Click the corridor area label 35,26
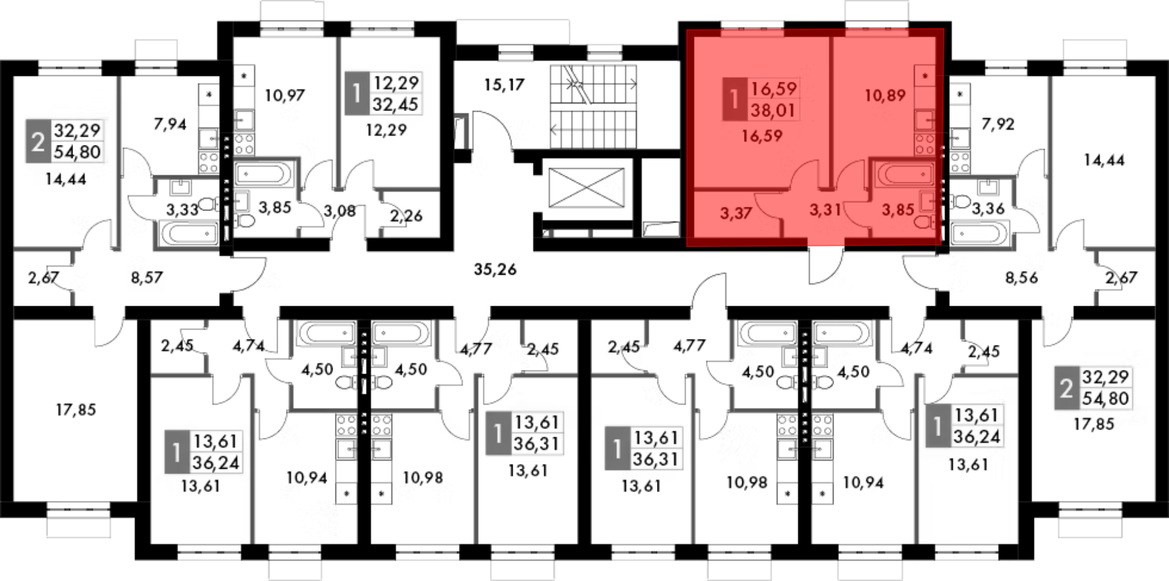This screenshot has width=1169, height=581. coord(495,269)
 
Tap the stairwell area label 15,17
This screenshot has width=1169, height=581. coord(504,85)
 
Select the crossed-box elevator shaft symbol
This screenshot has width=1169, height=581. coord(587,188)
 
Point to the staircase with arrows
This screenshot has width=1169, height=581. coord(593,107)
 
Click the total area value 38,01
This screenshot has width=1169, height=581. coord(773,110)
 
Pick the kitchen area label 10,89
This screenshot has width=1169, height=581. coord(885,95)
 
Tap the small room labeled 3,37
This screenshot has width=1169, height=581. coord(736,213)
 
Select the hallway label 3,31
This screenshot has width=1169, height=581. coord(825,209)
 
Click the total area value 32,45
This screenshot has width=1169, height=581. coord(395,105)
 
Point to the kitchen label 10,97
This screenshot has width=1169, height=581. coord(285,95)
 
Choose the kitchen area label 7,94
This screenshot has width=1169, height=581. coord(170,124)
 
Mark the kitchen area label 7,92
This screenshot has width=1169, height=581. coord(998,124)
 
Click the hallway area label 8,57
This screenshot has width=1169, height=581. coord(147,278)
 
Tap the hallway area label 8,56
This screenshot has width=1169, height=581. coord(1022,278)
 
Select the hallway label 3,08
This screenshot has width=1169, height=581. coord(340,211)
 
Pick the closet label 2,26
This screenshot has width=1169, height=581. coord(406,216)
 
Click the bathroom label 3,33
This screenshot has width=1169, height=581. coord(182,209)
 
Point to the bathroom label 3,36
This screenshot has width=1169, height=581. coord(988,208)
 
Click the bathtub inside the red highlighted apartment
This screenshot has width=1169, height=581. coord(904,174)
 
